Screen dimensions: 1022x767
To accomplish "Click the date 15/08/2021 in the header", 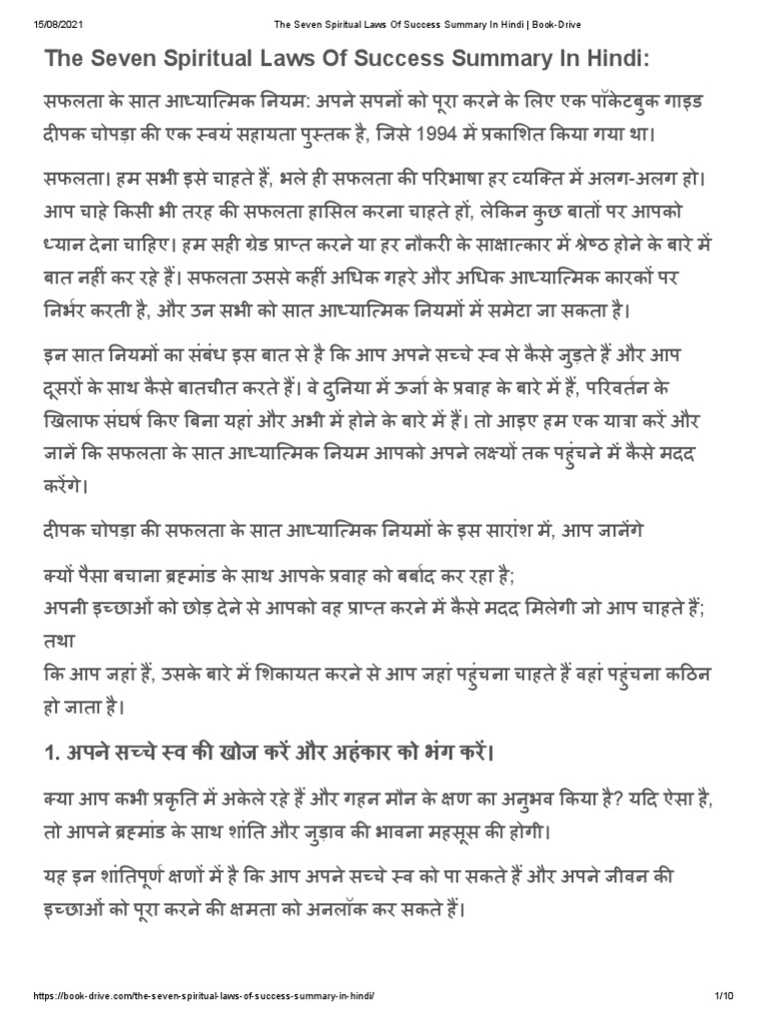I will tap(31, 9).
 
